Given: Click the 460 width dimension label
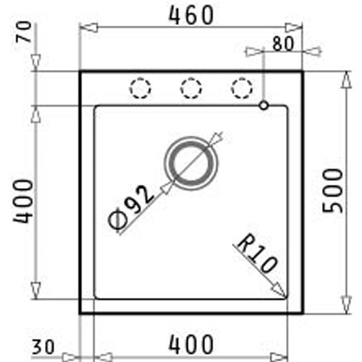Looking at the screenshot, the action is coord(191,15).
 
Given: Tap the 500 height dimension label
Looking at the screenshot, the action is coord(333,190).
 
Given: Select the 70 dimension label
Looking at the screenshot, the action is coord(24,32).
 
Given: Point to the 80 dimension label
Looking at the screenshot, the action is coord(283,43).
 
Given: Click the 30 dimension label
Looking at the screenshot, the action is coord(43,347).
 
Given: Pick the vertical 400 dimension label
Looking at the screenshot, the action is coord(23,201).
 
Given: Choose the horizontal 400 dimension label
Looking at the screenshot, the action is coord(191,344).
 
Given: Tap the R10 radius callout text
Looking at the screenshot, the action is coord(257,253).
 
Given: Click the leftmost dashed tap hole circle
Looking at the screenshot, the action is coord(140,88).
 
